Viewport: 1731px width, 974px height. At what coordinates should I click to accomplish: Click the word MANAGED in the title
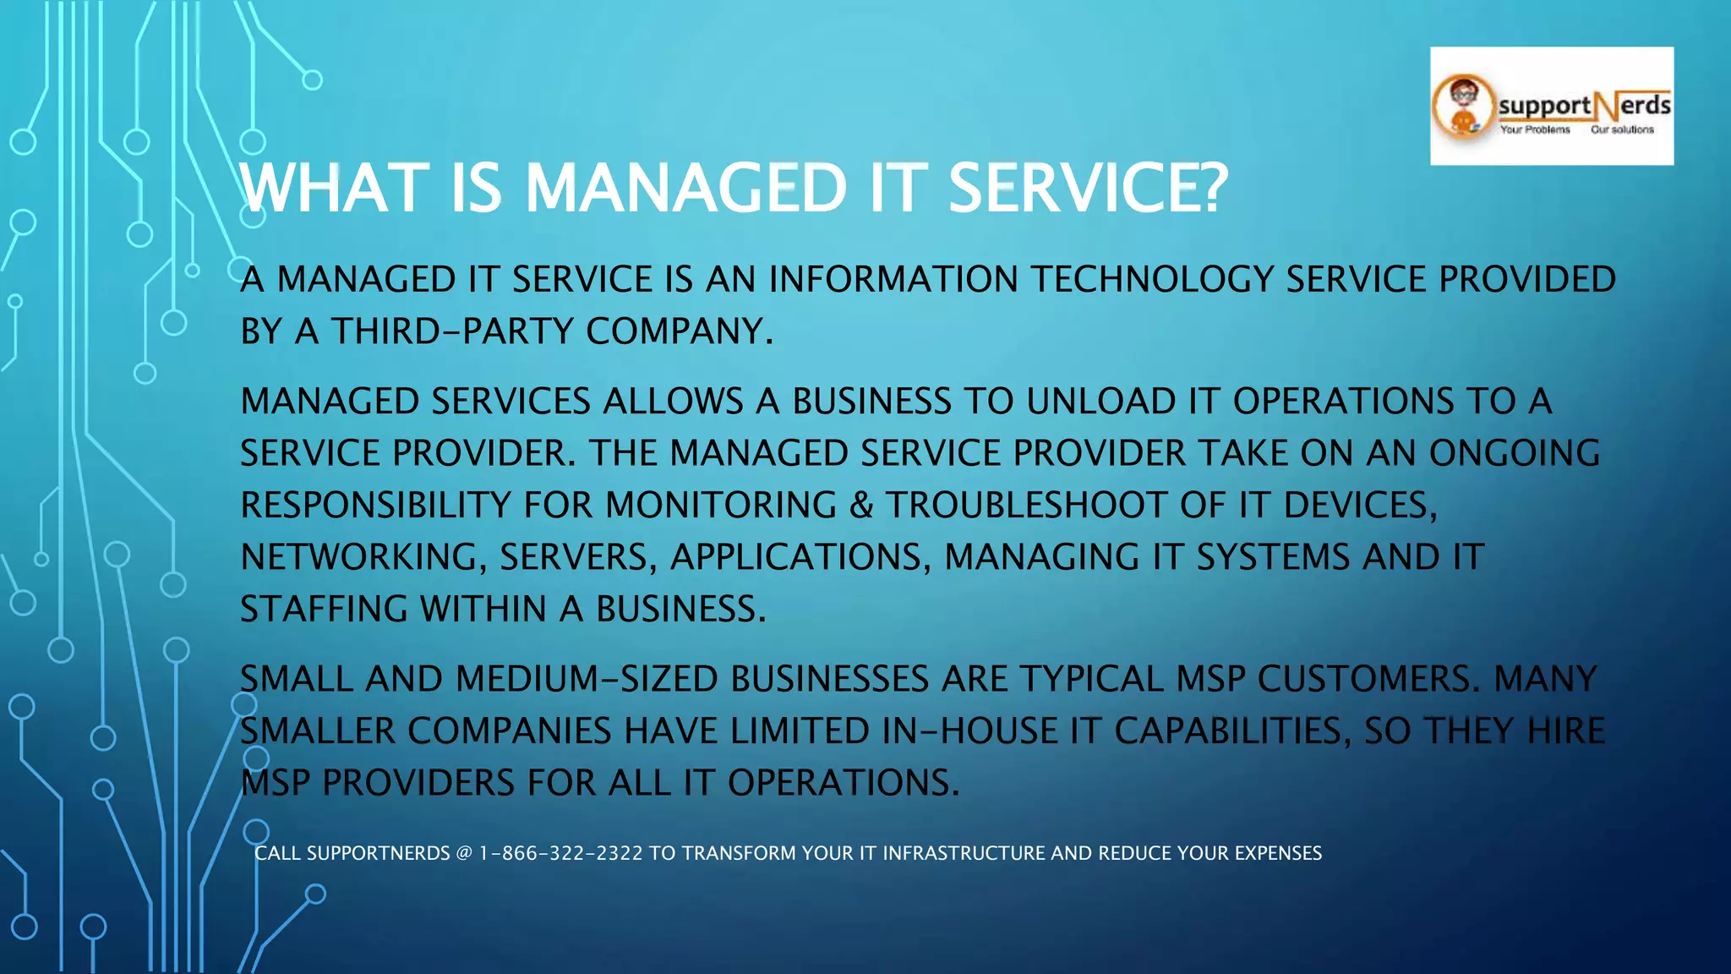pyautogui.click(x=685, y=188)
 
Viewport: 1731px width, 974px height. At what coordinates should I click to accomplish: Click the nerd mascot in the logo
pyautogui.click(x=1463, y=107)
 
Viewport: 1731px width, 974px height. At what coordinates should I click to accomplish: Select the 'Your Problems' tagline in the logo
pyautogui.click(x=1535, y=130)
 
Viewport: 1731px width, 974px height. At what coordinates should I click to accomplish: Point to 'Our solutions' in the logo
pyautogui.click(x=1622, y=130)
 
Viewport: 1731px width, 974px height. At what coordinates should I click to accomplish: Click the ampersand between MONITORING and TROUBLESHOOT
pyautogui.click(x=861, y=506)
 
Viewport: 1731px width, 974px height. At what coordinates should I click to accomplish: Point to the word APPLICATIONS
pyautogui.click(x=800, y=557)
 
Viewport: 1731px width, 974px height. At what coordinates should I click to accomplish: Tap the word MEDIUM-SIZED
pyautogui.click(x=587, y=679)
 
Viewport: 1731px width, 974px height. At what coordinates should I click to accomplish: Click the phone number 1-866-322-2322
pyautogui.click(x=560, y=853)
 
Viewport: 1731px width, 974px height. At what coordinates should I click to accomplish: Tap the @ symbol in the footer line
pyautogui.click(x=464, y=853)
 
